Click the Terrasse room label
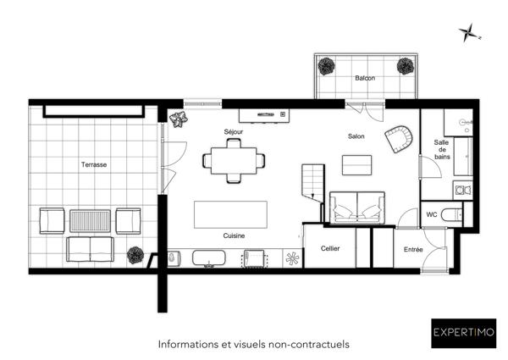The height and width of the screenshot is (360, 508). [94, 164]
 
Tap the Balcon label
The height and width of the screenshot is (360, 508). [365, 78]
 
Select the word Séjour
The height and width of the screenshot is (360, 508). [234, 132]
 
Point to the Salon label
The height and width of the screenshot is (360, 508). [356, 136]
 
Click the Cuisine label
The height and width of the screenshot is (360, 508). [235, 235]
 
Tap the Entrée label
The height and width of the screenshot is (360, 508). [413, 249]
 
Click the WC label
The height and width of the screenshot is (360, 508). [432, 214]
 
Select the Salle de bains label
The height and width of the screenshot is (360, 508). [441, 151]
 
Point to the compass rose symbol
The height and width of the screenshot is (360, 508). [468, 34]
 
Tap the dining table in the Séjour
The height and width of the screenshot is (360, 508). [234, 159]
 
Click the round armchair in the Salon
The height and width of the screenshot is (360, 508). [399, 138]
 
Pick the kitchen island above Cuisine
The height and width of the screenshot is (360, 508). [230, 213]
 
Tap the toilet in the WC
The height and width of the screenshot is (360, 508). [456, 215]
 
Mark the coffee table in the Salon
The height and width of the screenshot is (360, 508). [356, 164]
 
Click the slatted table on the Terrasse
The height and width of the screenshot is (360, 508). [90, 221]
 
